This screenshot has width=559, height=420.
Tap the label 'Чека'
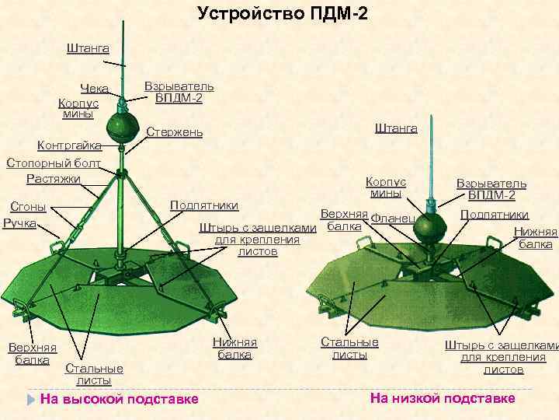click(94, 88)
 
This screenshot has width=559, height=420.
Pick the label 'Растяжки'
click(54, 179)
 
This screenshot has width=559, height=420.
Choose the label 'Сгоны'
click(26, 206)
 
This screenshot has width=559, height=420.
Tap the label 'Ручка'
click(20, 223)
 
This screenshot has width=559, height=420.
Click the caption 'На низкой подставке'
click(443, 398)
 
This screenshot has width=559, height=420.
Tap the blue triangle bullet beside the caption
click(30, 399)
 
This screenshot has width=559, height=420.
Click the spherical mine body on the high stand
click(122, 126)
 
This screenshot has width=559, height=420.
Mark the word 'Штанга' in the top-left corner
click(88, 48)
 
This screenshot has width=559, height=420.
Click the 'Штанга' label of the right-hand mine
click(396, 128)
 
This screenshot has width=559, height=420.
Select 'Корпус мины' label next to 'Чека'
click(78, 108)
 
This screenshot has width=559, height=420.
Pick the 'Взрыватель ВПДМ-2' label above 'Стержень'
click(179, 92)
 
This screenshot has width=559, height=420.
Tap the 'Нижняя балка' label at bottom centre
click(234, 348)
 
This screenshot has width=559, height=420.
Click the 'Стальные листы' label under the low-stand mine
click(350, 348)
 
